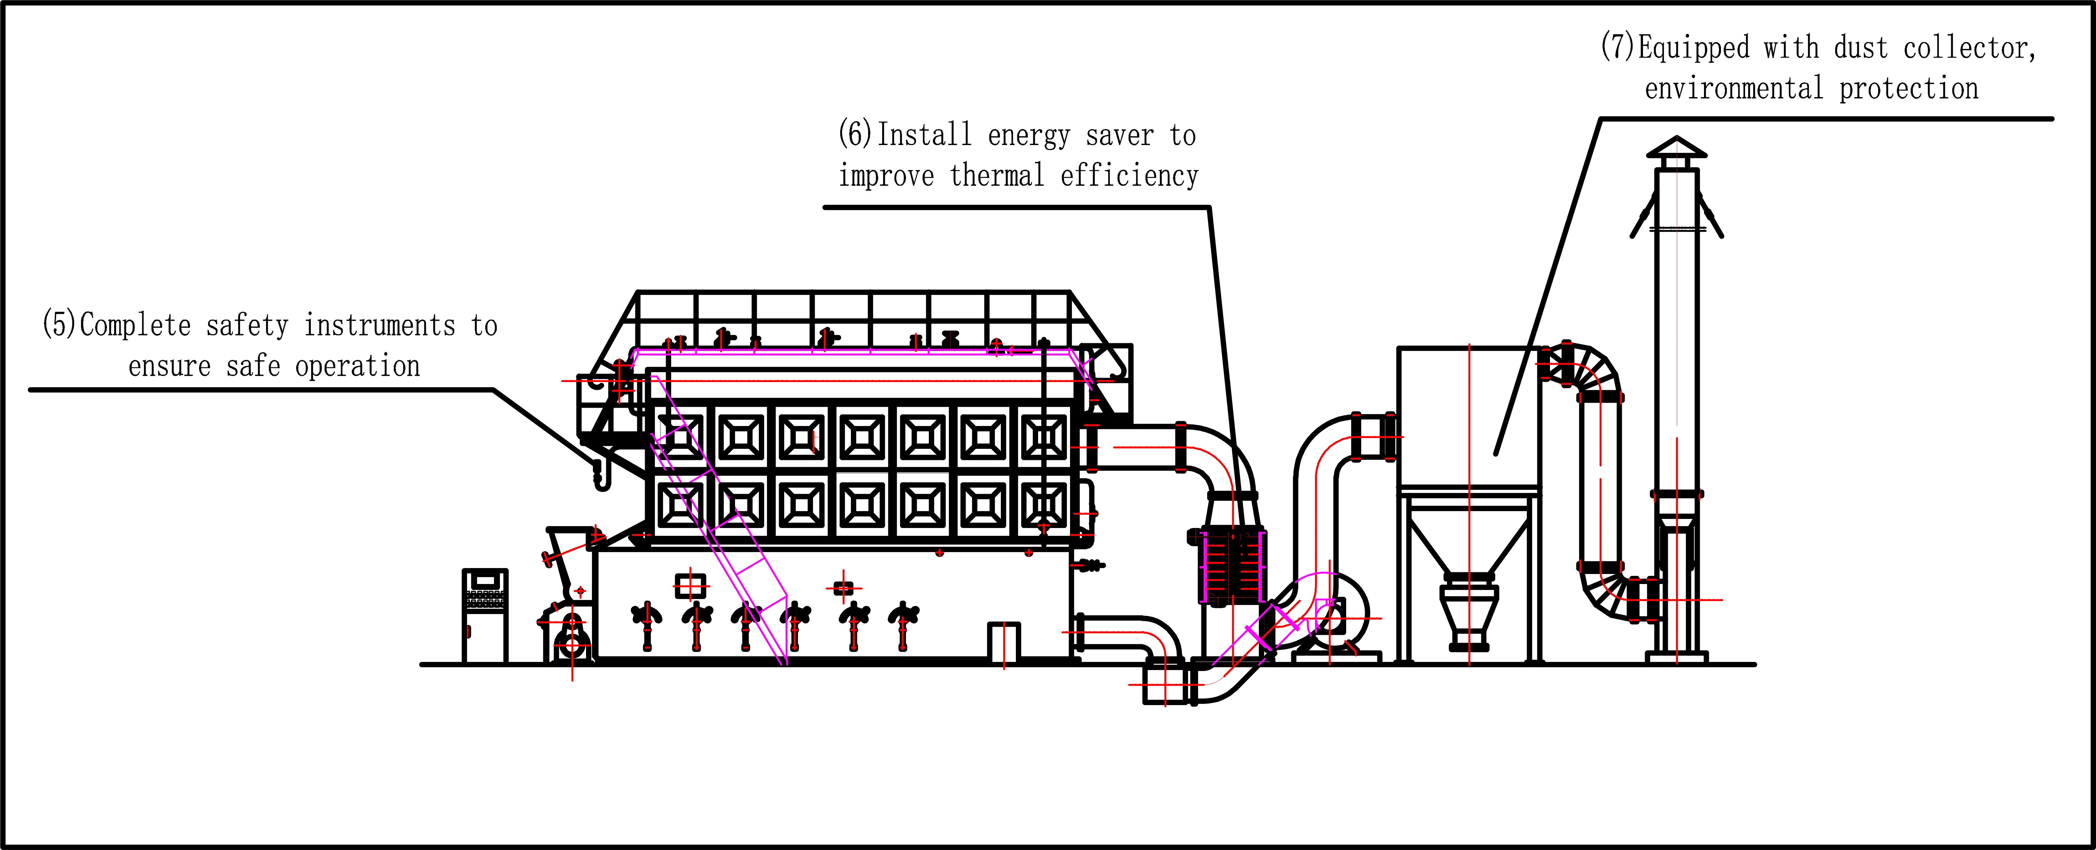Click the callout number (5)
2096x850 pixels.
[x=59, y=325]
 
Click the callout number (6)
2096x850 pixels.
[x=855, y=134]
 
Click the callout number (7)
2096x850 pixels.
[x=1618, y=47]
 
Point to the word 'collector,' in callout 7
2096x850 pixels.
[x=1969, y=49]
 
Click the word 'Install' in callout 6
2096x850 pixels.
[x=924, y=134]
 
